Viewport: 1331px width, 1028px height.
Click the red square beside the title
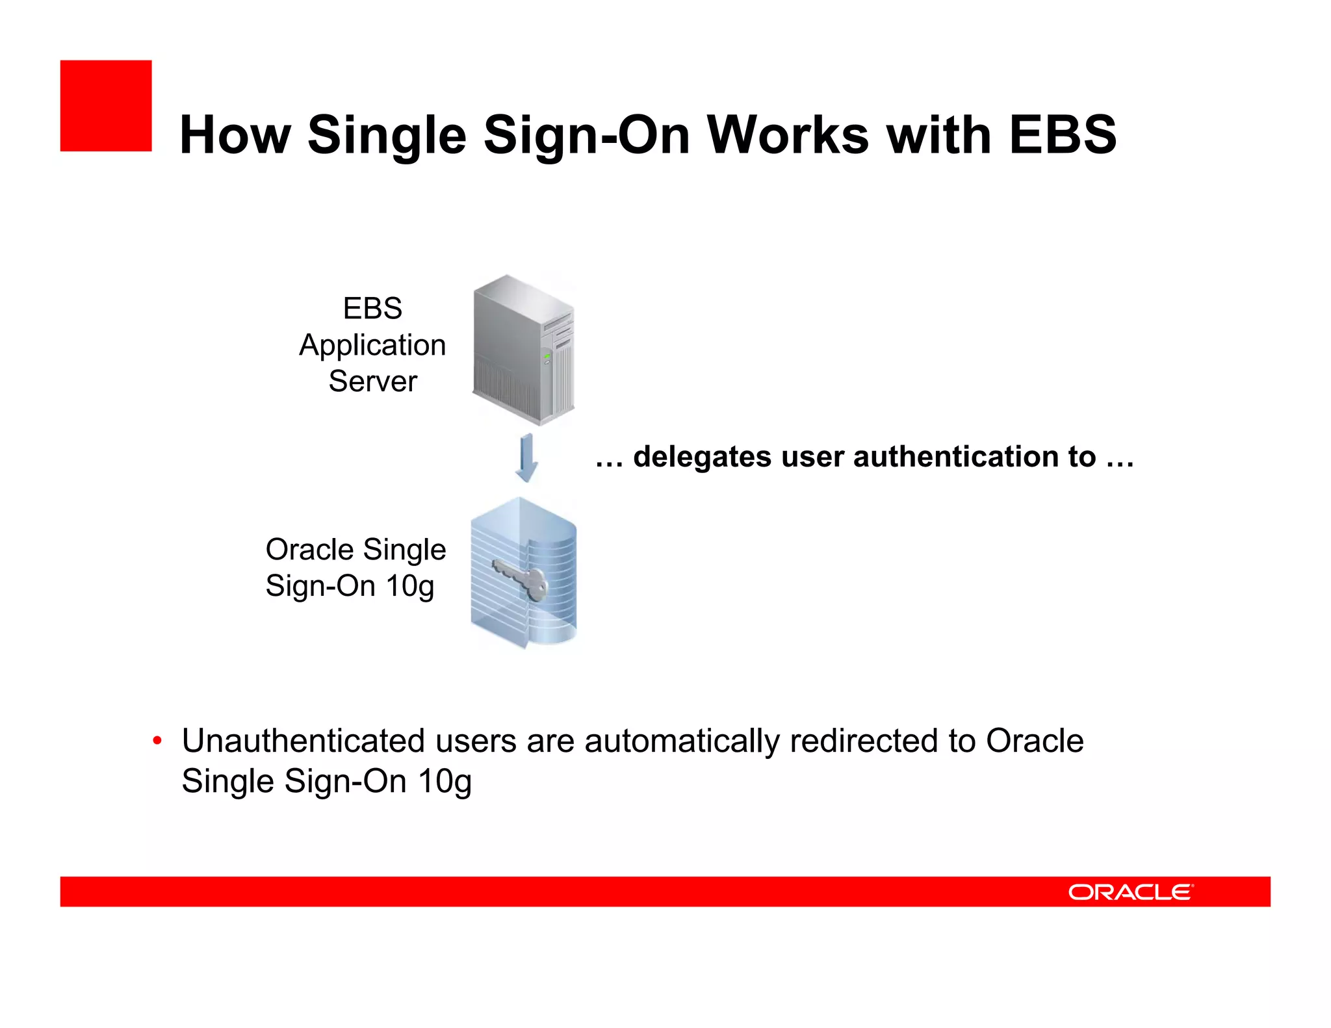pyautogui.click(x=106, y=106)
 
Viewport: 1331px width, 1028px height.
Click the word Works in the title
pyautogui.click(x=788, y=135)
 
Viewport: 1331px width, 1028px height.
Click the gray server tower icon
pyautogui.click(x=523, y=350)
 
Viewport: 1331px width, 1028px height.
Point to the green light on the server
pyautogui.click(x=547, y=356)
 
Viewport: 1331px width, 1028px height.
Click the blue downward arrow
pyautogui.click(x=526, y=458)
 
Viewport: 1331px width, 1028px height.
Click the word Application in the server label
pyautogui.click(x=372, y=346)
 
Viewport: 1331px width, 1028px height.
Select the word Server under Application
pyautogui.click(x=372, y=381)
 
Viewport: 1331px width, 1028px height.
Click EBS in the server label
pyautogui.click(x=372, y=309)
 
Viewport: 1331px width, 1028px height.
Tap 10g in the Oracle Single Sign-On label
pyautogui.click(x=409, y=587)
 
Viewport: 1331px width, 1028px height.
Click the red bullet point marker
pyautogui.click(x=157, y=741)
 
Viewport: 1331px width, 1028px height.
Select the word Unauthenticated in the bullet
pyautogui.click(x=304, y=741)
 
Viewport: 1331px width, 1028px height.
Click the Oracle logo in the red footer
pyautogui.click(x=1130, y=892)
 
